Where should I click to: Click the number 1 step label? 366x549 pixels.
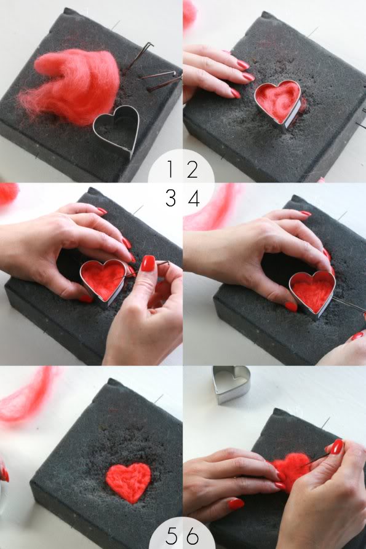point(170,169)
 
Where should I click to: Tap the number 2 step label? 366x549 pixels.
point(193,170)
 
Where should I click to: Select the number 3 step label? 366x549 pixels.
point(171,199)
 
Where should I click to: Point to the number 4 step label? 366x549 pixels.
point(194,199)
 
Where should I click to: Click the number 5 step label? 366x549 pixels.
point(172,535)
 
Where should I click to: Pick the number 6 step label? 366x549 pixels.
point(193,535)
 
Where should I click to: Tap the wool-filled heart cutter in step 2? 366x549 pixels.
point(277,102)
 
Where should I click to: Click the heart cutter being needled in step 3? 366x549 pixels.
point(103,279)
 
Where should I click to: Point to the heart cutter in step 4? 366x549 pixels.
point(312,292)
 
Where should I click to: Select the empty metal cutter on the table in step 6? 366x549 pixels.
point(231,384)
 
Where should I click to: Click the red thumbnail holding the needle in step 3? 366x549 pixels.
point(148,263)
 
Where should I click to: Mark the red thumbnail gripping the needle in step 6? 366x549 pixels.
point(336,446)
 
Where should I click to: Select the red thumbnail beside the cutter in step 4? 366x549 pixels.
point(291,306)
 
